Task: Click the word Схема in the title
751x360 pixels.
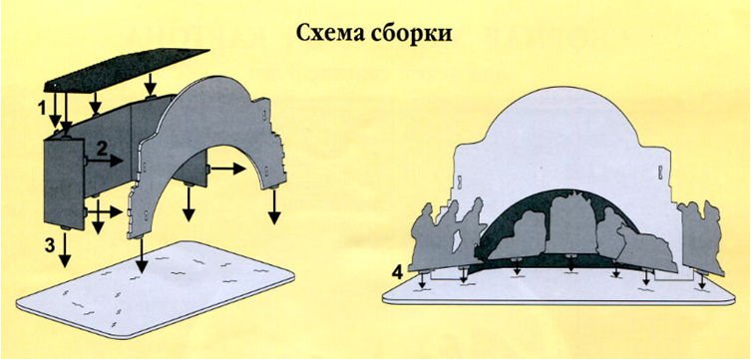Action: (329, 34)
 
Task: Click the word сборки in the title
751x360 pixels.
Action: (411, 34)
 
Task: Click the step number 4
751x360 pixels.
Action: (397, 271)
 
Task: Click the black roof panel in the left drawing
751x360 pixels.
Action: (126, 69)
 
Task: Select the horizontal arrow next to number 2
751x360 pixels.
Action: (104, 162)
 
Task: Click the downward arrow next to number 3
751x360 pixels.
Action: (65, 247)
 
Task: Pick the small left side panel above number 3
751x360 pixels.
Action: (65, 182)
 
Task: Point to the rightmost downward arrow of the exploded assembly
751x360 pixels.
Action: (273, 205)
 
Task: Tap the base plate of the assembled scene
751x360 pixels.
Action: (559, 290)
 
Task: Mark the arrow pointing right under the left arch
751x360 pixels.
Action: (227, 169)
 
